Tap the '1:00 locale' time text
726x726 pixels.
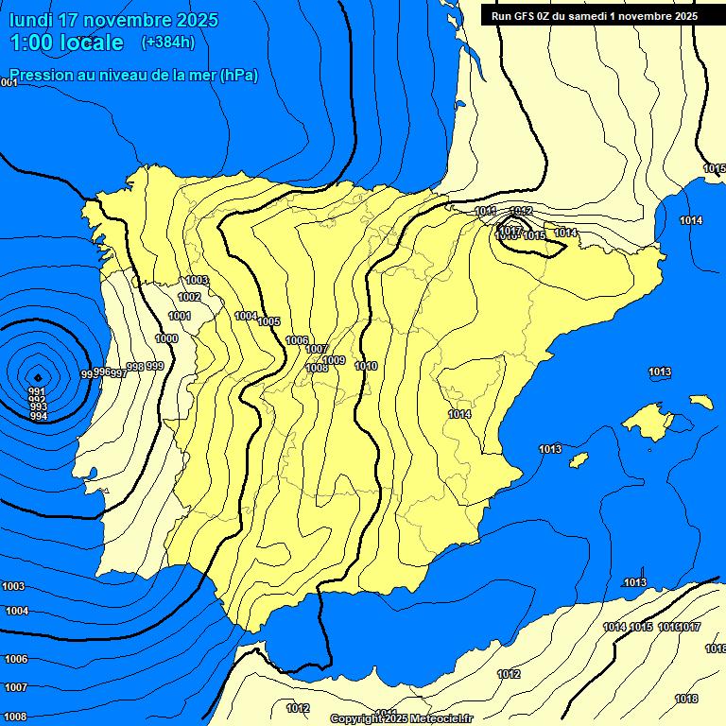pos(66,43)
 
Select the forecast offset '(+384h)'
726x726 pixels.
pos(167,42)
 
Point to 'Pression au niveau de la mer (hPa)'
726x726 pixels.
pos(133,75)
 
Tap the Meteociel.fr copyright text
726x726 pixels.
pos(402,719)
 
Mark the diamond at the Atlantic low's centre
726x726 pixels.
pos(37,375)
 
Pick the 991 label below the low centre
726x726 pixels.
pos(37,391)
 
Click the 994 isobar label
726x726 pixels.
pos(39,416)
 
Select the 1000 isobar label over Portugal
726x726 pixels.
pos(166,338)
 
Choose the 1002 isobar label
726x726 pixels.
pos(189,297)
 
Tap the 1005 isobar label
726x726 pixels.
pos(269,321)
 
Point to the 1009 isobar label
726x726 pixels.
pos(334,360)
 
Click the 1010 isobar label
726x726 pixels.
pos(366,366)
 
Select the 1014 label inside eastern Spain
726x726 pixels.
pos(459,414)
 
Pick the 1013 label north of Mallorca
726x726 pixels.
pos(660,372)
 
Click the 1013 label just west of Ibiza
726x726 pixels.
pos(550,448)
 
